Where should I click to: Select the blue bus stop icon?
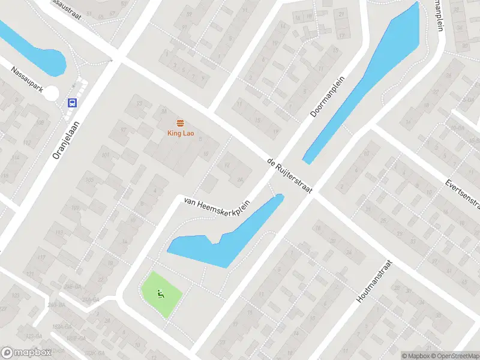pyautogui.click(x=72, y=103)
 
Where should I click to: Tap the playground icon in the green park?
pyautogui.click(x=160, y=293)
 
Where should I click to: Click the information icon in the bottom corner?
pyautogui.click(x=406, y=356)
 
